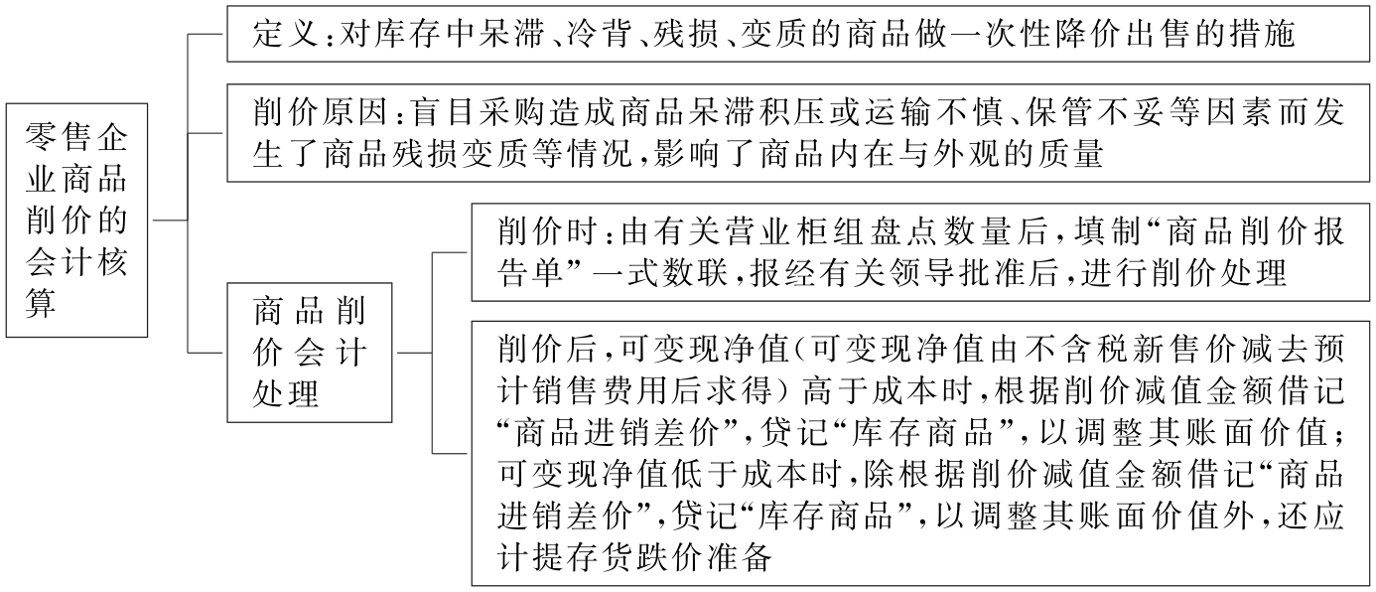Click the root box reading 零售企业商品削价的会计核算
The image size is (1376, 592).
76,221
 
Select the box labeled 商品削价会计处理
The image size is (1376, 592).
308,353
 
